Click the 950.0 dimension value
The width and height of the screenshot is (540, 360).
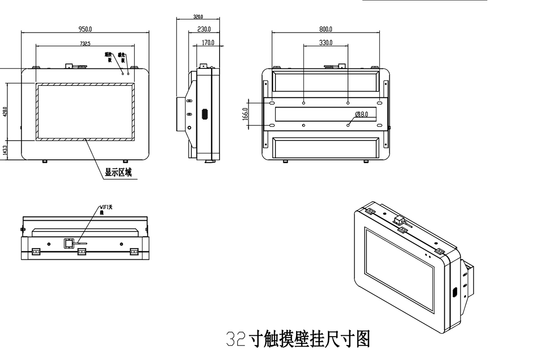pyautogui.click(x=85, y=29)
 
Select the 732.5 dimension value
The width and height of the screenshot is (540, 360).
pyautogui.click(x=85, y=44)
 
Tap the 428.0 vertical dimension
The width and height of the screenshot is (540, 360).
pyautogui.click(x=5, y=111)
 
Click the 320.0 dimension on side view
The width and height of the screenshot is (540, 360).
pyautogui.click(x=198, y=17)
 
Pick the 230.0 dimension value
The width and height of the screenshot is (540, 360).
pyautogui.click(x=204, y=30)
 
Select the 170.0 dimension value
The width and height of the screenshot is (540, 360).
pyautogui.click(x=207, y=43)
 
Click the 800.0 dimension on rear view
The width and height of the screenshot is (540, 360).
pyautogui.click(x=325, y=29)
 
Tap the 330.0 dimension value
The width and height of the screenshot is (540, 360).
pyautogui.click(x=325, y=43)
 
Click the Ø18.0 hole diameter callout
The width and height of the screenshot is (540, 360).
pyautogui.click(x=361, y=115)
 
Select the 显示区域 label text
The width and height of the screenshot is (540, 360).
pyautogui.click(x=118, y=172)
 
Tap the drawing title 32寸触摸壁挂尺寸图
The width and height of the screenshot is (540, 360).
pyautogui.click(x=297, y=339)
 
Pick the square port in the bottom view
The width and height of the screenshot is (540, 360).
pyautogui.click(x=68, y=243)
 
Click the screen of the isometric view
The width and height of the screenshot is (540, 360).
pyautogui.click(x=400, y=270)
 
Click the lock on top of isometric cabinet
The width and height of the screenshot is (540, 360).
pyautogui.click(x=399, y=220)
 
